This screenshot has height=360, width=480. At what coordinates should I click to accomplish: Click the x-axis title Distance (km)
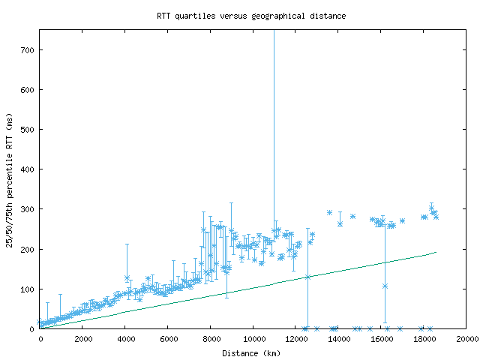point(251,352)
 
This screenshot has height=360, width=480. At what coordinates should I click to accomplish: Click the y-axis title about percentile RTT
point(9,180)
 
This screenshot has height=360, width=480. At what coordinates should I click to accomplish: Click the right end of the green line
point(436,252)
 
